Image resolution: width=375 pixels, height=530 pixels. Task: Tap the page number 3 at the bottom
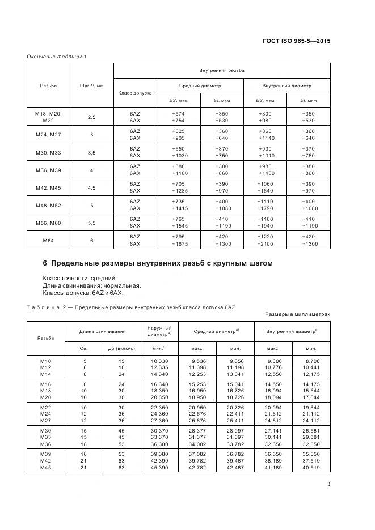click(x=328, y=484)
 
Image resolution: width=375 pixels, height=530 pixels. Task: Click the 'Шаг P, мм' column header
click(x=91, y=85)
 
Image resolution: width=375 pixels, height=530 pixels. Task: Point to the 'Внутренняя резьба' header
click(x=222, y=70)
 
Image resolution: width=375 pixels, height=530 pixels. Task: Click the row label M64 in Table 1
click(x=48, y=240)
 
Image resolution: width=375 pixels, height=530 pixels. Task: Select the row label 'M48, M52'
click(x=48, y=206)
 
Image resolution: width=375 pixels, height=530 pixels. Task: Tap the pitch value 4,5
click(x=91, y=188)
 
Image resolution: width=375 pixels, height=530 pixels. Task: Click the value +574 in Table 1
click(x=178, y=113)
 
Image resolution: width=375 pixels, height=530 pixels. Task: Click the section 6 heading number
click(x=45, y=263)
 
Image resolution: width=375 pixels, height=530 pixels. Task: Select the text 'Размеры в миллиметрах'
click(x=297, y=314)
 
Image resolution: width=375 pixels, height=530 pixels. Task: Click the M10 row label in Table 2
click(x=45, y=360)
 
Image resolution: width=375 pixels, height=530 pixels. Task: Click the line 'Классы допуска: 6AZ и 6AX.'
click(x=82, y=293)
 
